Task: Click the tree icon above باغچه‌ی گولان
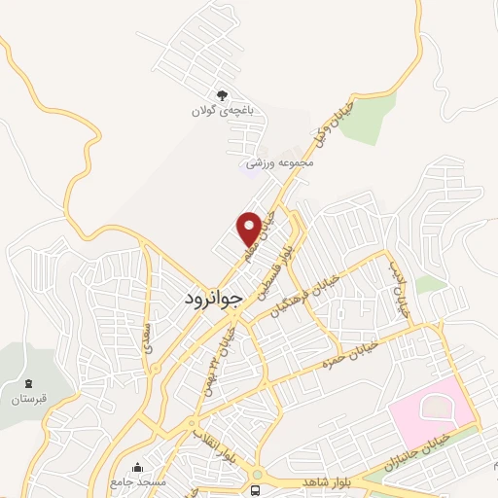coord(222,95)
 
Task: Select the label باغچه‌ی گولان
coord(222,112)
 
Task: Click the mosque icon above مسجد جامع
coord(137,467)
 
